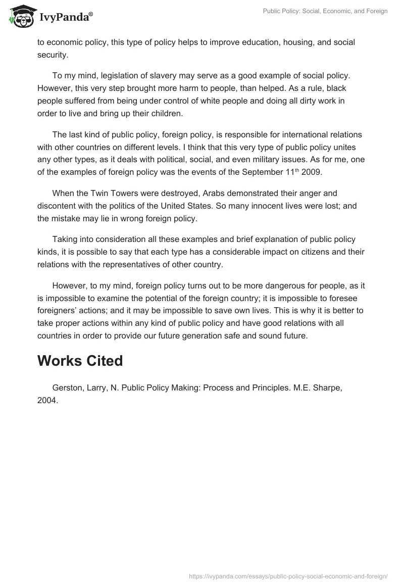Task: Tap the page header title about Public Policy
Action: point(325,12)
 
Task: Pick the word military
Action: point(273,160)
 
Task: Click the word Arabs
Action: point(201,193)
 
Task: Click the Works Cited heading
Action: point(80,361)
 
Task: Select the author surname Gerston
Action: point(68,387)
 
